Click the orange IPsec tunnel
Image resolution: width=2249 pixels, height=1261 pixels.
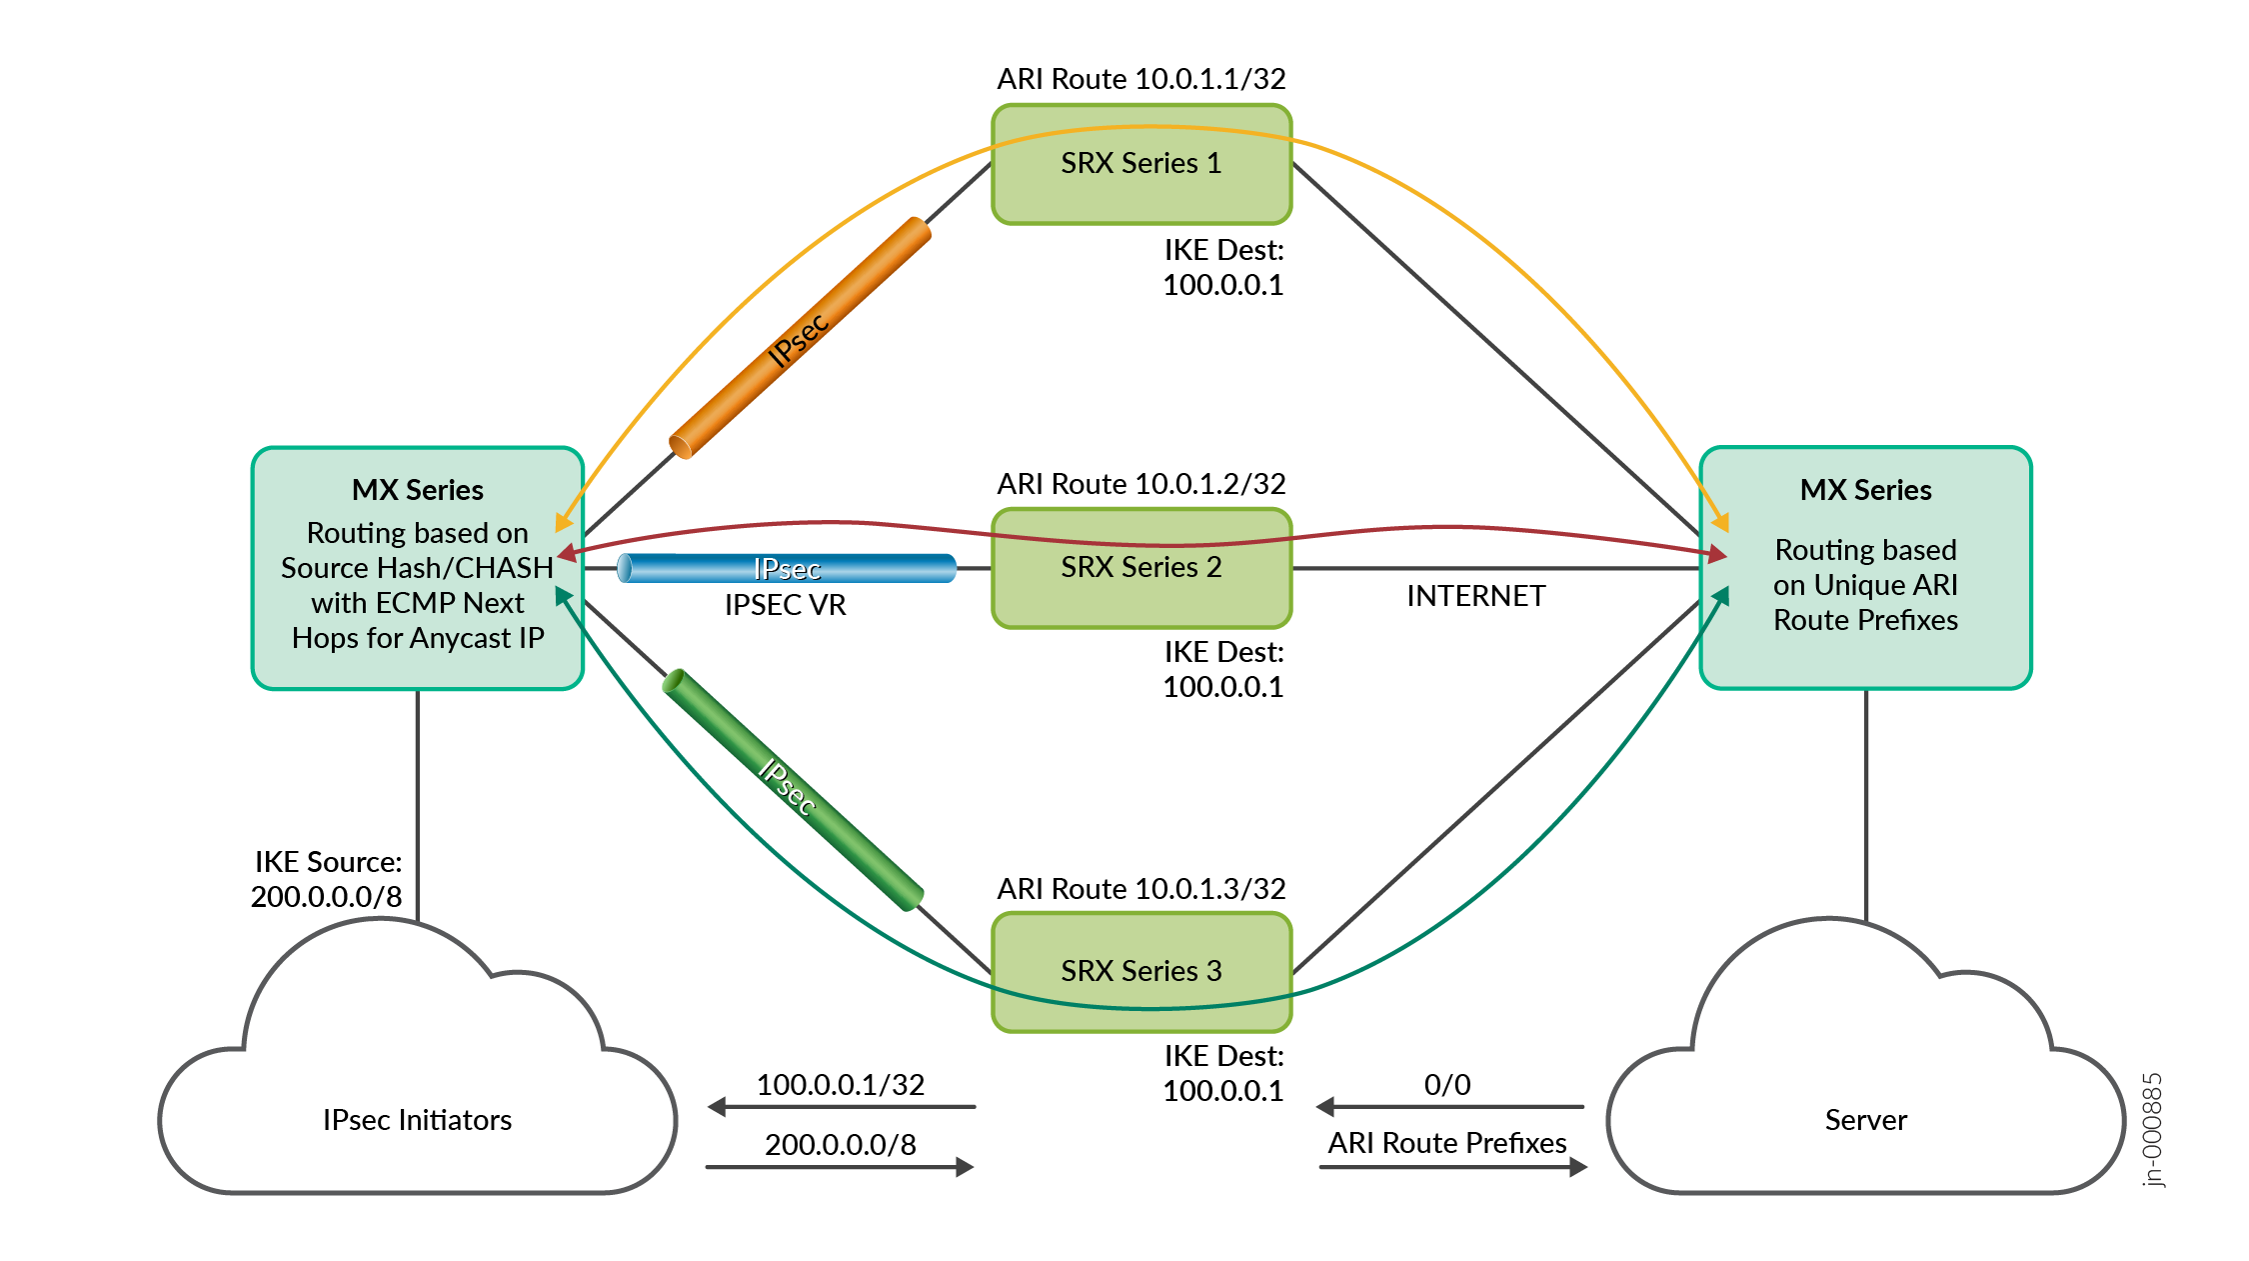[800, 338]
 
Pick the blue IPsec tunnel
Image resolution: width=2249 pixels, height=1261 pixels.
[787, 568]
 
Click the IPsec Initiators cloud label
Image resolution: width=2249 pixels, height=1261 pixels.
[417, 1120]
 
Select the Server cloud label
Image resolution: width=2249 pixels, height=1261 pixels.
[1865, 1120]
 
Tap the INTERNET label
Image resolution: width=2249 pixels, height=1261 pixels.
[1475, 597]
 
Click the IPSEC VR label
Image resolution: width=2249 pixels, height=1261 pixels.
[785, 606]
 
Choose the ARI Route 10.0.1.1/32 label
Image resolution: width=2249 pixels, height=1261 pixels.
[1140, 79]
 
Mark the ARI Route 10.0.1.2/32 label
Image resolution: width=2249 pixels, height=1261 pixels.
[1140, 484]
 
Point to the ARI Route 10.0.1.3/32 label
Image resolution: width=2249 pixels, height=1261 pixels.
[1140, 889]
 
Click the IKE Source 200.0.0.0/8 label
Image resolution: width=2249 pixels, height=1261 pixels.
[327, 879]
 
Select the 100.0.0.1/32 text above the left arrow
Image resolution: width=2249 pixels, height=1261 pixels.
[840, 1085]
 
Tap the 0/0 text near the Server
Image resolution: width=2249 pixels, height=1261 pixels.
[1447, 1085]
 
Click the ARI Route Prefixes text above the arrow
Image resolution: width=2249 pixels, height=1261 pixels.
[1447, 1143]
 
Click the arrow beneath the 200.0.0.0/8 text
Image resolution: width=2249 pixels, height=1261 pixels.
[840, 1167]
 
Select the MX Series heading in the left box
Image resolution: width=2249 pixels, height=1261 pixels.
[417, 490]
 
